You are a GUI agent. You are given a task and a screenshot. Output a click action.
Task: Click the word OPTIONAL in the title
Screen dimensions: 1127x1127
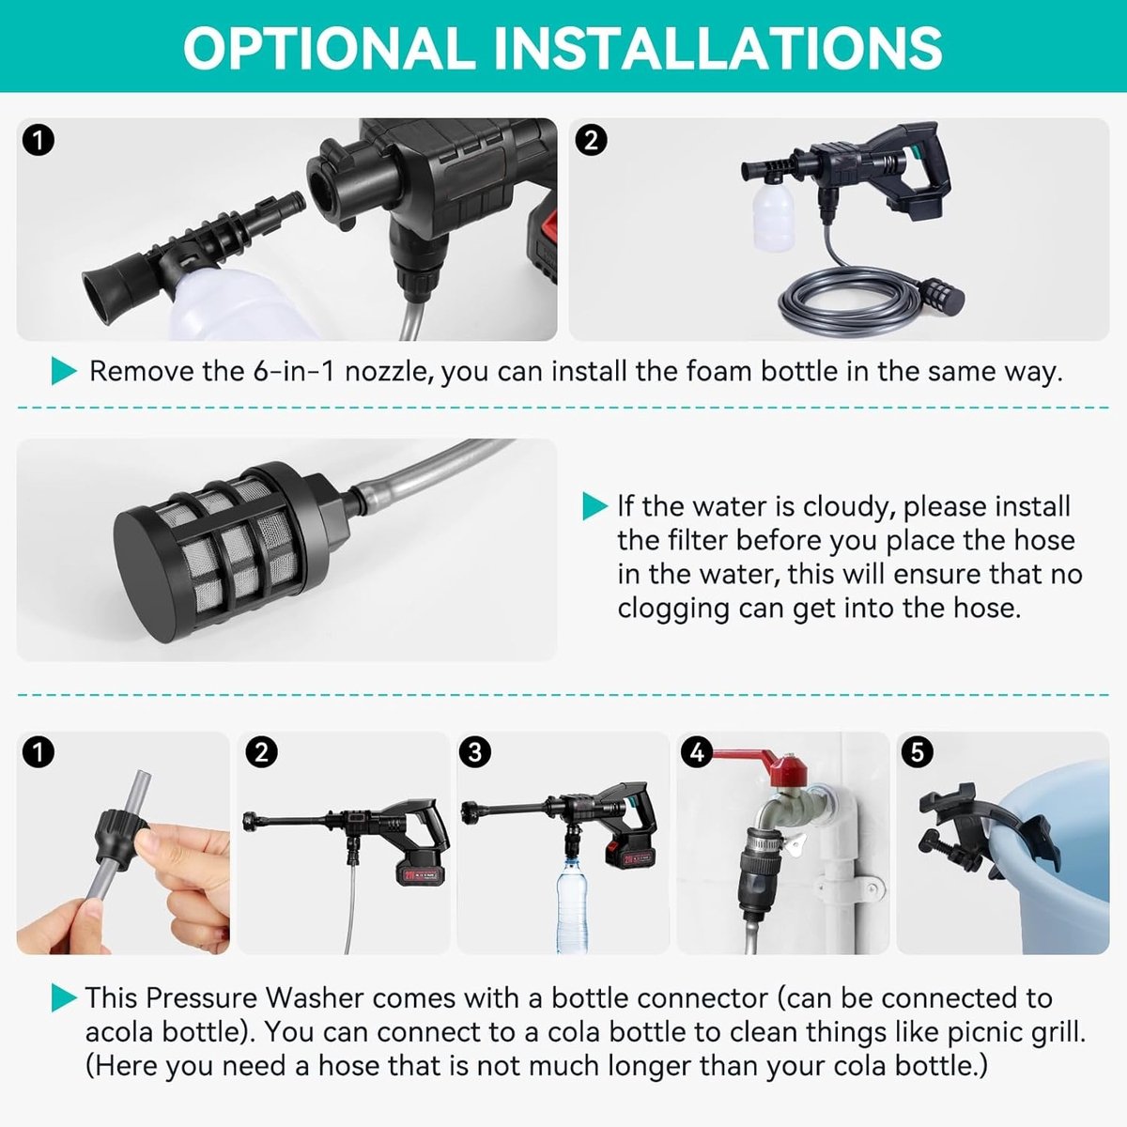coord(330,48)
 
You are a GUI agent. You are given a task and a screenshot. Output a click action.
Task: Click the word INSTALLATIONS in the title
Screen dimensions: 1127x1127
coord(718,48)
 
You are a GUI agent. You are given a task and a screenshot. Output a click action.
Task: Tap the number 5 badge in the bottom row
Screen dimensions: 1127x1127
coord(917,752)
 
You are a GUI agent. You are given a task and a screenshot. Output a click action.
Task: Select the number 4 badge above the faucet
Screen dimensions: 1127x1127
coord(697,752)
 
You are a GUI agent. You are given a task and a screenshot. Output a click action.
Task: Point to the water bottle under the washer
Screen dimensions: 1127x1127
coord(572,904)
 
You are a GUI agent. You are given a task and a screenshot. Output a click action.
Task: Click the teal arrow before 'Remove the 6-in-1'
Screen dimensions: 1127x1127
coord(64,371)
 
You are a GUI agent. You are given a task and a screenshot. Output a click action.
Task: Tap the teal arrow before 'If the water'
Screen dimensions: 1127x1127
coord(595,506)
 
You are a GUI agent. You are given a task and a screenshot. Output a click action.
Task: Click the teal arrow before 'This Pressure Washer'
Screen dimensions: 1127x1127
coord(64,997)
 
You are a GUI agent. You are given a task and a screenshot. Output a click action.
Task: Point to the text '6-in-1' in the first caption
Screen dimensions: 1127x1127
coord(294,372)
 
